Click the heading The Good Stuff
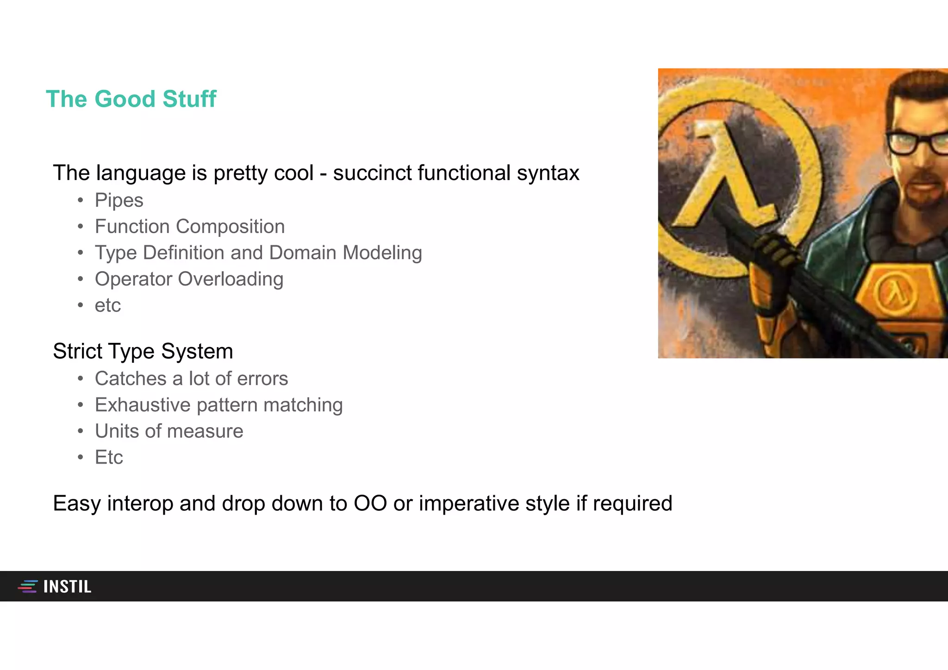point(131,99)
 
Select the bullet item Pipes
point(119,200)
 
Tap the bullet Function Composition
point(189,227)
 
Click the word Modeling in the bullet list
point(382,253)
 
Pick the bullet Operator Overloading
point(189,279)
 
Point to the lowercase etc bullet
point(107,306)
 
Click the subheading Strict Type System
point(143,351)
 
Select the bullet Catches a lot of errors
point(191,379)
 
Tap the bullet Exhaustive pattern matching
point(218,405)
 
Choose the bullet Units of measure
point(169,431)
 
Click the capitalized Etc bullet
point(109,458)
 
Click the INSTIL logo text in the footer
point(68,587)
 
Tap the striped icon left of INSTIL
point(28,586)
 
